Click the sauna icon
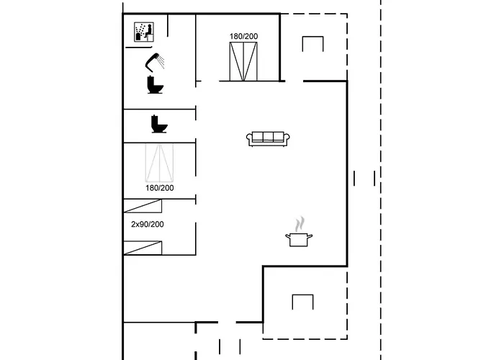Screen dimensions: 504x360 coord(144,32)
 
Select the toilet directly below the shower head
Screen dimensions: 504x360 coord(156,85)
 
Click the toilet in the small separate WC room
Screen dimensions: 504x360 coord(159,124)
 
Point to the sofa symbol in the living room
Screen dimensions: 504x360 coord(268,139)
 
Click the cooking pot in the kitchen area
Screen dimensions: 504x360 coord(299,240)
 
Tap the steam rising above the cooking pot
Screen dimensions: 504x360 coord(300,224)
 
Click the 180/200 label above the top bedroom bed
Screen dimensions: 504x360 coord(243,36)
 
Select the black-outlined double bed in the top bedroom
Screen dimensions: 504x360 coord(243,61)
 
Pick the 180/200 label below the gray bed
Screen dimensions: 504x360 coord(160,188)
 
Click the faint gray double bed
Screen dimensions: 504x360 coord(159,163)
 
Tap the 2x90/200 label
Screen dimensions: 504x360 coord(148,225)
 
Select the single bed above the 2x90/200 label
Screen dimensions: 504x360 coord(143,206)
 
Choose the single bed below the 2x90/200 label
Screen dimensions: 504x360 coord(143,248)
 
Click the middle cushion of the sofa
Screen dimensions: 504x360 coord(268,137)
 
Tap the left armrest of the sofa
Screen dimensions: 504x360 coord(249,139)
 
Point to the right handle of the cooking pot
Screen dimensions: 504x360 coord(310,237)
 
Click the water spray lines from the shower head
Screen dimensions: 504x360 coord(161,62)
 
